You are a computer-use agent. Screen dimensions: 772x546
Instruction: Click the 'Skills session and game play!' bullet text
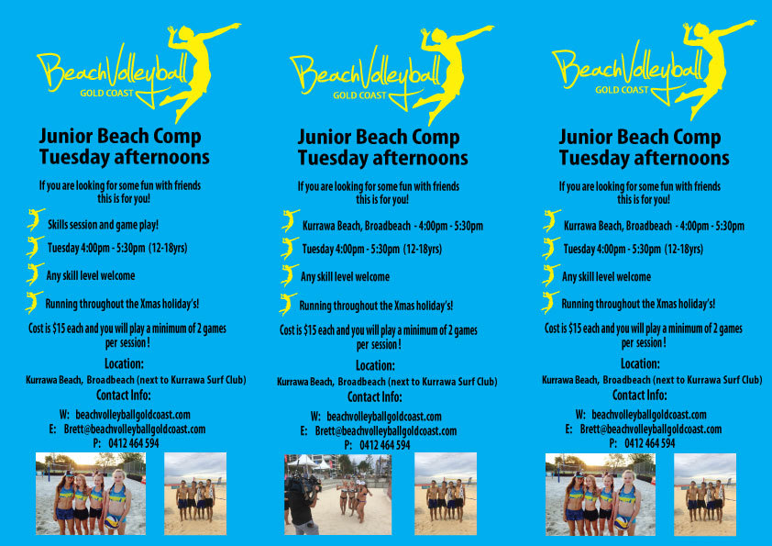point(103,225)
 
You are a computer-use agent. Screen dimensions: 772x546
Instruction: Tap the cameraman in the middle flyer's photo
point(301,504)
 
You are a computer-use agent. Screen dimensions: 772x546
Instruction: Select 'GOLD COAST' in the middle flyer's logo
point(359,95)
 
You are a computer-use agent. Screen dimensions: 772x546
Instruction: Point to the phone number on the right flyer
point(649,443)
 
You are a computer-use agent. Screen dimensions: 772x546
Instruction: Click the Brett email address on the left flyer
point(135,429)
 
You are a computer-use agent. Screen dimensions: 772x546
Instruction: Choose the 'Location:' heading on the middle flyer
point(375,365)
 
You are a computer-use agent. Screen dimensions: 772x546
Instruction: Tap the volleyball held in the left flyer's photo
point(113,522)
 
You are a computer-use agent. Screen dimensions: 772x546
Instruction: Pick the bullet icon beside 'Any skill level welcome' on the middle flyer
point(289,275)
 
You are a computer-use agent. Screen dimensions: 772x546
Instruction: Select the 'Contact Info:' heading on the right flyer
point(640,396)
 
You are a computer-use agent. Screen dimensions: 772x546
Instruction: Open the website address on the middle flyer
point(384,417)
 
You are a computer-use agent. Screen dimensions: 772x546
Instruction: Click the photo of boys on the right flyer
point(704,495)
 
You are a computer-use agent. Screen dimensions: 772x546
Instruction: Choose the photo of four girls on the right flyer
point(601,495)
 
